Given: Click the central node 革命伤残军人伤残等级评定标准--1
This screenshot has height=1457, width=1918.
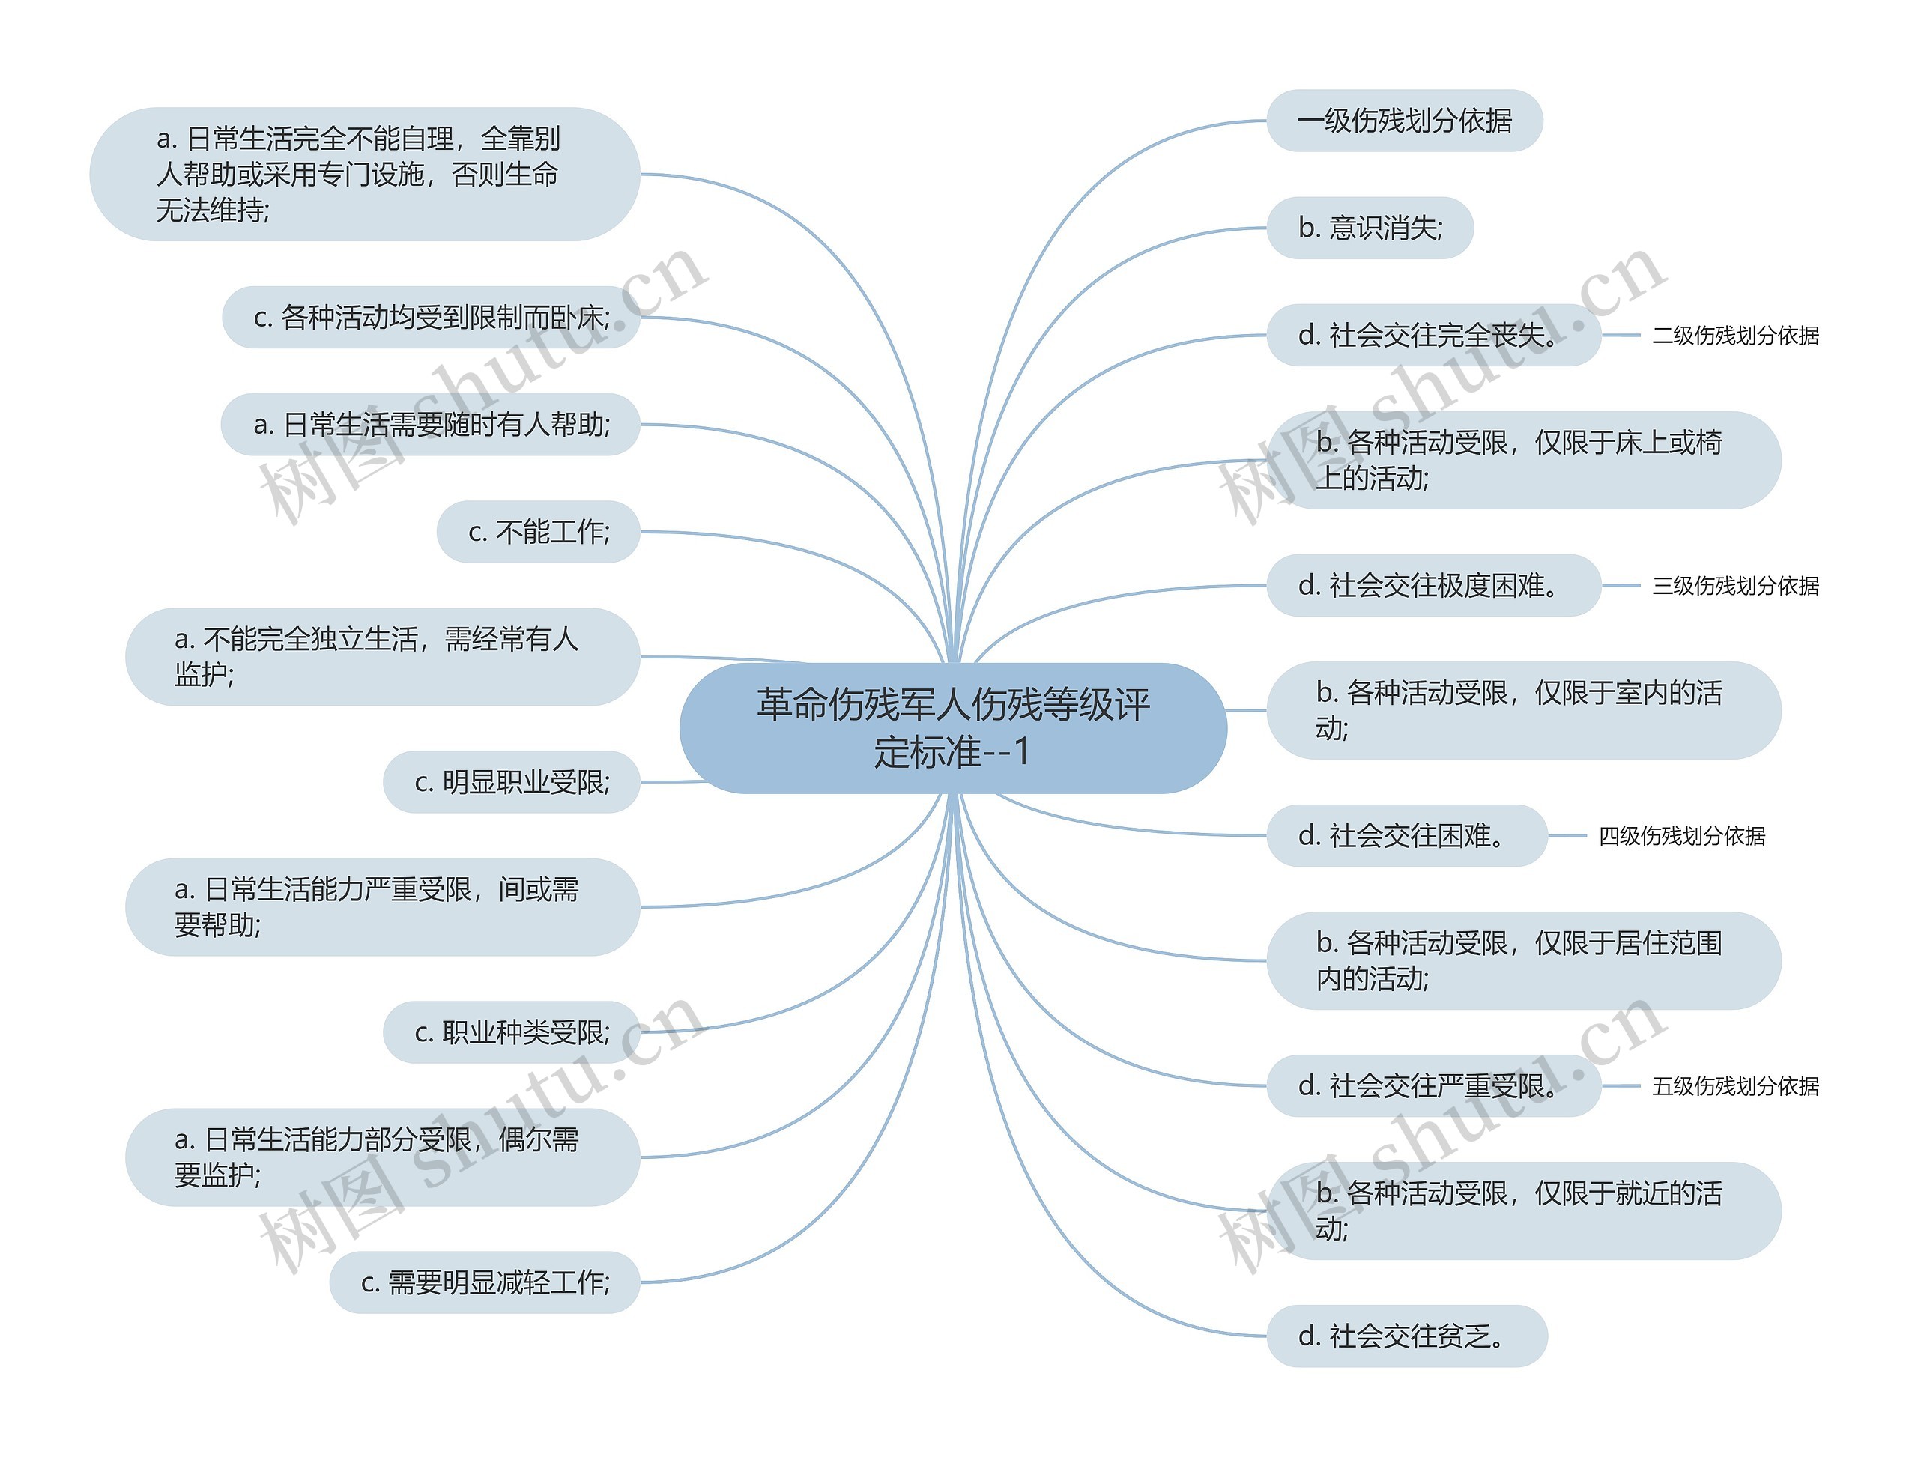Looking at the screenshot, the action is point(952,727).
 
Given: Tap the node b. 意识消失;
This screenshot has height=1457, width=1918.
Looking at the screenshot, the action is point(1370,228).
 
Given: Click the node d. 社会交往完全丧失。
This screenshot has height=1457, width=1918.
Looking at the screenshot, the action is point(1433,335).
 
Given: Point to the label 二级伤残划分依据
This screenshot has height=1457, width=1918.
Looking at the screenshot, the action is point(1735,336).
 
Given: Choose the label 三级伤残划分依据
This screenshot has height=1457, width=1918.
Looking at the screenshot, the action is point(1735,587).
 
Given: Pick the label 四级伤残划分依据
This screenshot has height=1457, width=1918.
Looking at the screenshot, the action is point(1681,836).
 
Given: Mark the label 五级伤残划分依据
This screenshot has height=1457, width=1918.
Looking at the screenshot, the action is point(1735,1087).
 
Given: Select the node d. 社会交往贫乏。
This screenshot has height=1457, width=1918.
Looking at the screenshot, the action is point(1406,1336).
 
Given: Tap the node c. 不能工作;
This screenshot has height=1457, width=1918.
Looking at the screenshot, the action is point(538,532).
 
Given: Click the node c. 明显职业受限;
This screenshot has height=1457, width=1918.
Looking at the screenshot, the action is point(512,782).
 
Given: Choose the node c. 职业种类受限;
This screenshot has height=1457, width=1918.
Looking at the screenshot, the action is point(512,1032).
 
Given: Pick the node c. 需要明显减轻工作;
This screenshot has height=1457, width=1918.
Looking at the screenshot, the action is point(485,1282).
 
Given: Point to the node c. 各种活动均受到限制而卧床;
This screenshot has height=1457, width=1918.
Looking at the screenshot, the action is point(431,318).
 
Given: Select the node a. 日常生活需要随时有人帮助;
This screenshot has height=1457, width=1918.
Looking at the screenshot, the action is point(431,425).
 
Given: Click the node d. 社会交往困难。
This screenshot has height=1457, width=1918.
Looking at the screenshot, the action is point(1406,836).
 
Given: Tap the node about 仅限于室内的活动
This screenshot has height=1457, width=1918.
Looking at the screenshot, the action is point(1523,710).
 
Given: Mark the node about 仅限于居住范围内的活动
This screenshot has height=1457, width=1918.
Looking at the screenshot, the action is point(1523,961).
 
